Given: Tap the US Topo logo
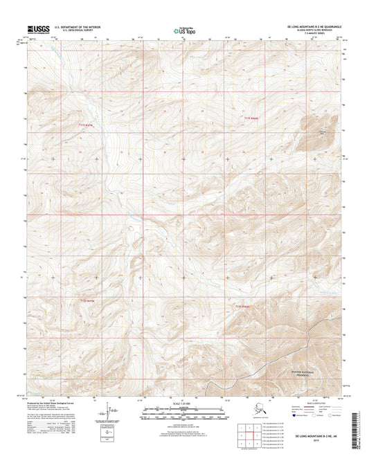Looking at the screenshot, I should click(183, 30).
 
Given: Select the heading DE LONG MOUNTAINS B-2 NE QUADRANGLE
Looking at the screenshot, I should click(311, 26).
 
